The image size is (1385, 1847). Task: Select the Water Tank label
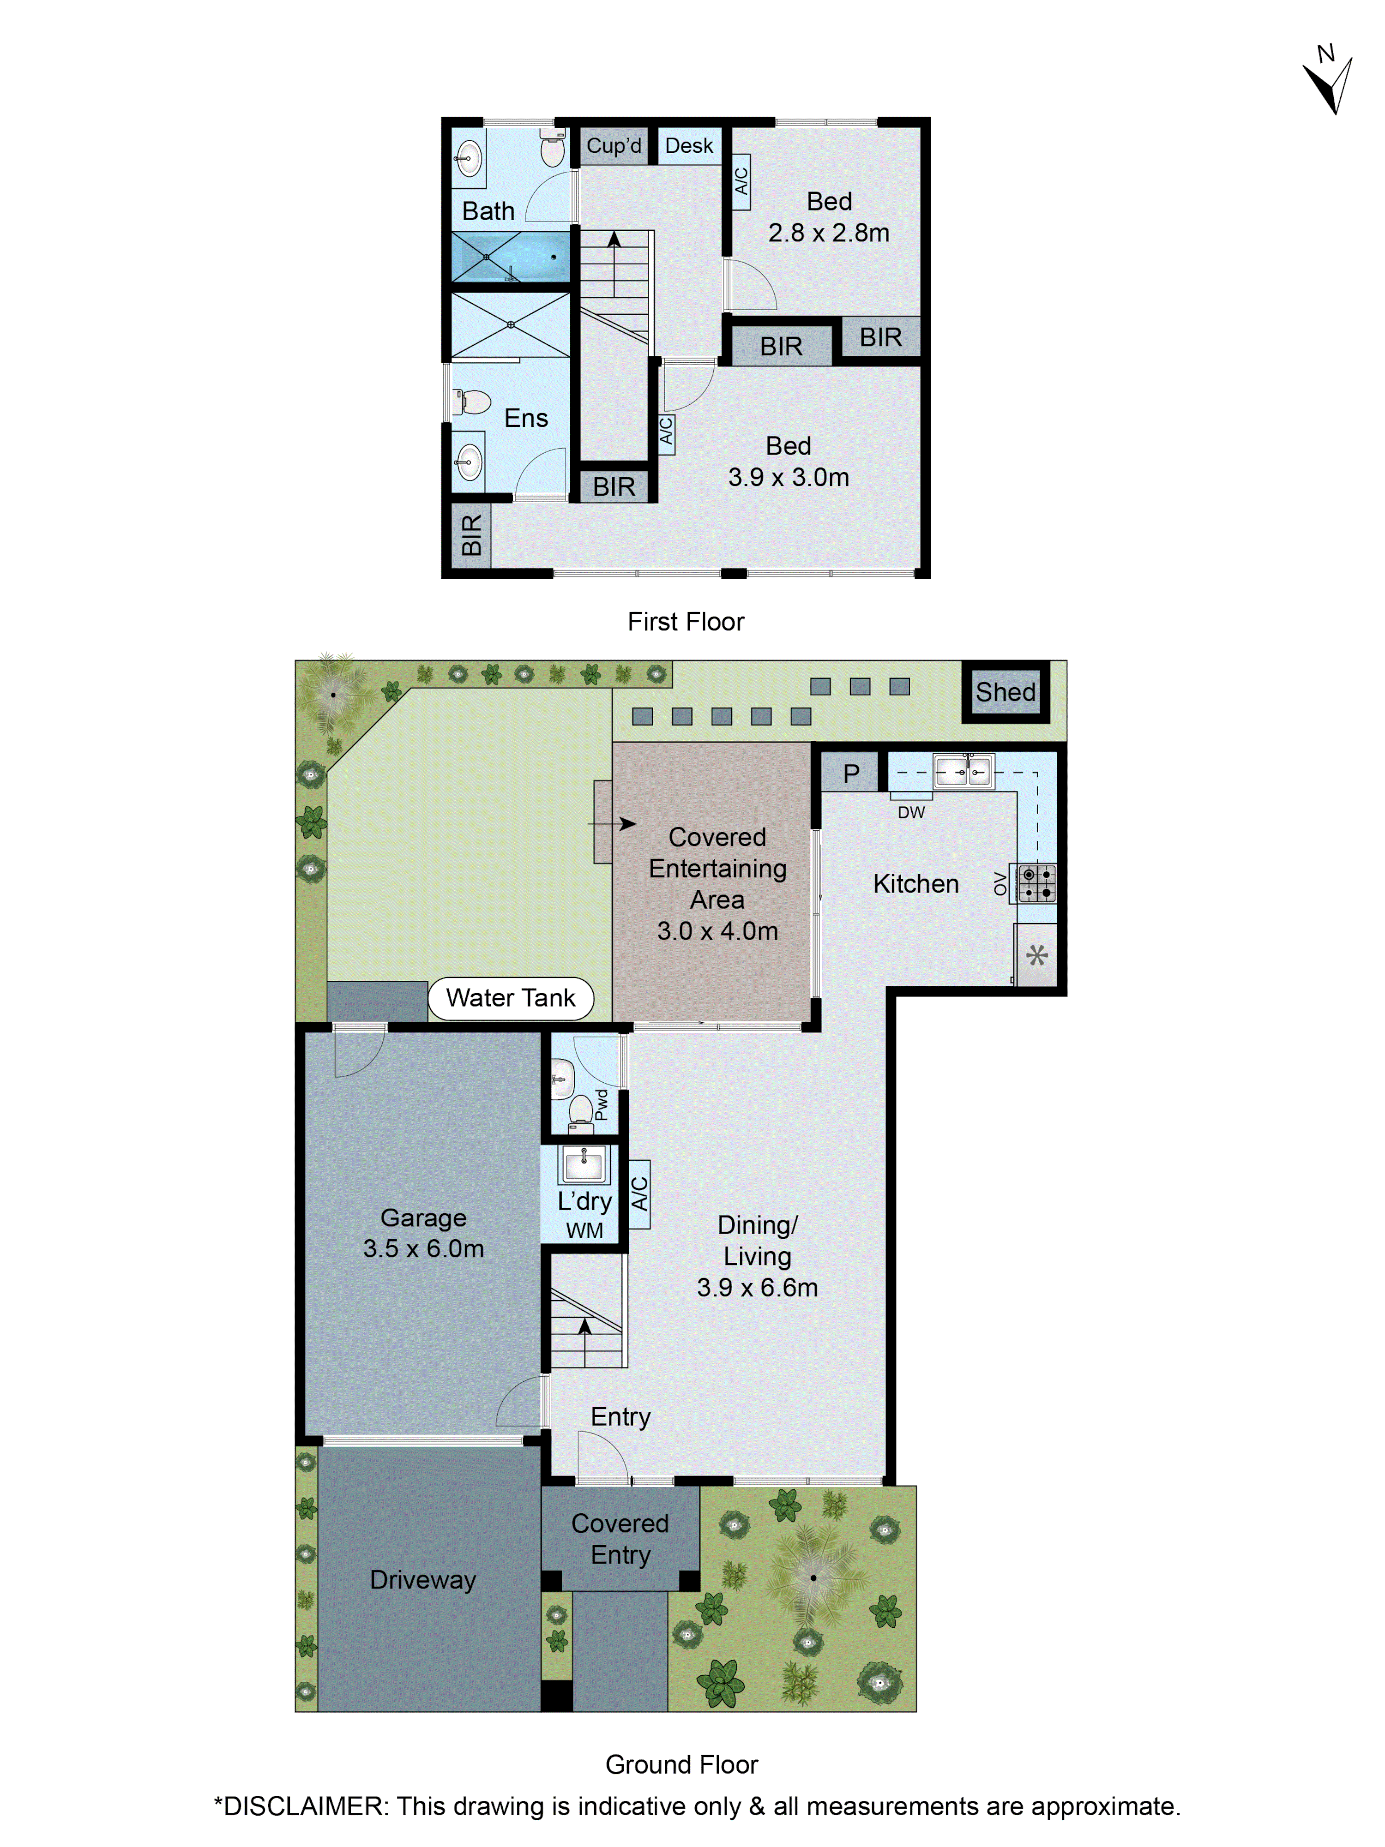pyautogui.click(x=511, y=998)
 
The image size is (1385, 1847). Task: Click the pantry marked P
pyautogui.click(x=850, y=773)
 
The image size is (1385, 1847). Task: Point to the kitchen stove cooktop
pyautogui.click(x=1036, y=882)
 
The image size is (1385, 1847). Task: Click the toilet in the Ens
pyautogui.click(x=473, y=402)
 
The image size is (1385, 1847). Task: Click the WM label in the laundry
pyautogui.click(x=584, y=1230)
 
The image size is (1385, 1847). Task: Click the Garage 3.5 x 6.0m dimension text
pyautogui.click(x=423, y=1248)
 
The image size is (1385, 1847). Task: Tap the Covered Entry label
pyautogui.click(x=620, y=1539)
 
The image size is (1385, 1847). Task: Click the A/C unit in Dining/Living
pyautogui.click(x=639, y=1194)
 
